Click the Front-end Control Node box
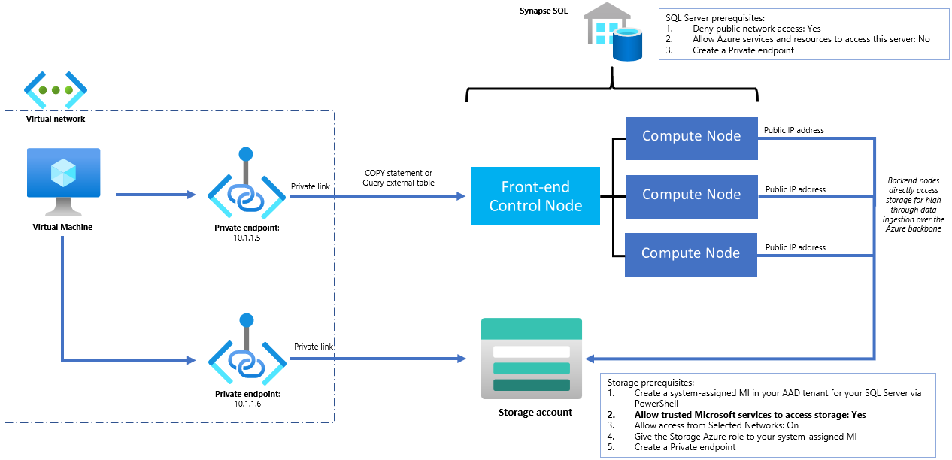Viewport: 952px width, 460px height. click(x=535, y=195)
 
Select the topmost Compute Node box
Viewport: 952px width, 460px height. click(x=691, y=137)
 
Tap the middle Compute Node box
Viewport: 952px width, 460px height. click(x=691, y=195)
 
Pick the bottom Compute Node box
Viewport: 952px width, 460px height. click(x=691, y=254)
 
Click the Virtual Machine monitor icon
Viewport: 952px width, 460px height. click(x=64, y=180)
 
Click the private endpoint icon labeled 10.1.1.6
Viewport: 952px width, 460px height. click(x=246, y=356)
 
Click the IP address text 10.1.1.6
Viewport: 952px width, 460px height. click(x=246, y=404)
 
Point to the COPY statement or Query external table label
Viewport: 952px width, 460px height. click(x=398, y=178)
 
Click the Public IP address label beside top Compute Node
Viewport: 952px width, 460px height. click(x=794, y=130)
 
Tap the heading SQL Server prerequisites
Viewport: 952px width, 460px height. click(x=711, y=17)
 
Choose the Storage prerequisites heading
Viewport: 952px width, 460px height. click(x=650, y=382)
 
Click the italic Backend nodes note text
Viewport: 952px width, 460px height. click(x=914, y=204)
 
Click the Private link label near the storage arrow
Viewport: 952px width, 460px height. click(x=313, y=347)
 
